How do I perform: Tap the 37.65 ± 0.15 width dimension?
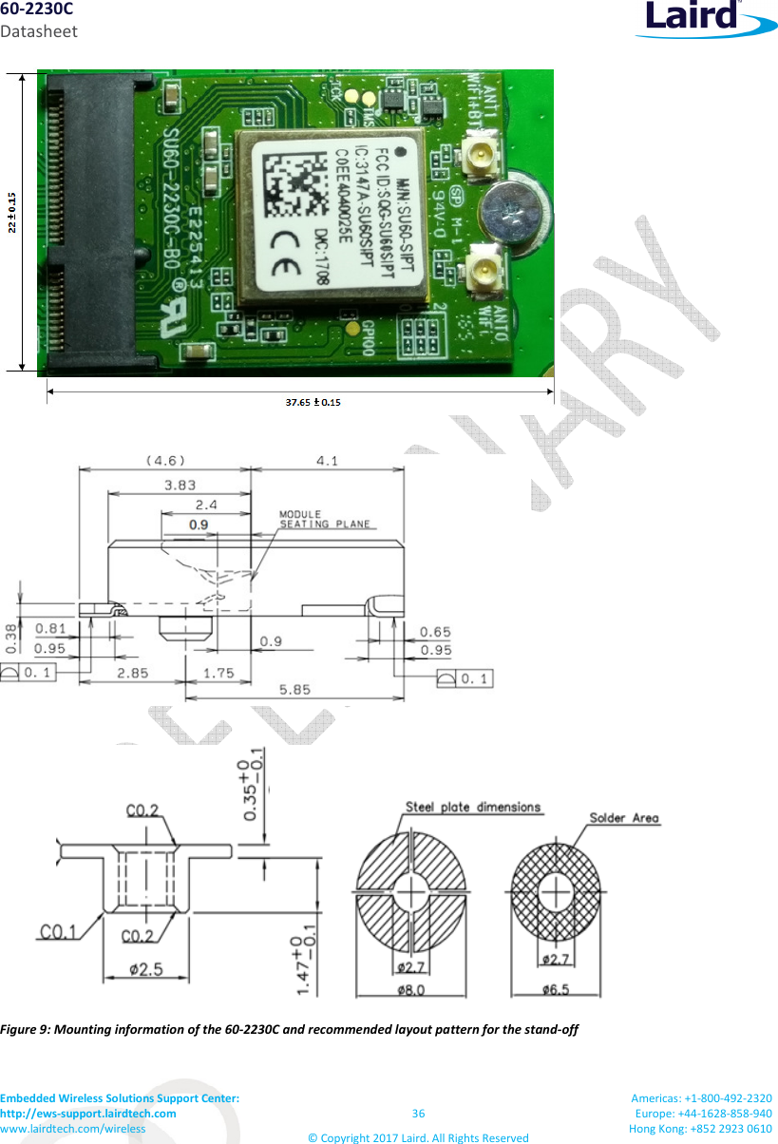coord(314,402)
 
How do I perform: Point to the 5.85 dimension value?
coord(294,693)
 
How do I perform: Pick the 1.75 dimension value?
coord(218,673)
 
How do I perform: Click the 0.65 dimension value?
coord(435,632)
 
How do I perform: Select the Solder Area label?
coord(624,818)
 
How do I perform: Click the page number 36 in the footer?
coord(419,1114)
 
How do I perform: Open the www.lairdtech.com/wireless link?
coord(73,1128)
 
